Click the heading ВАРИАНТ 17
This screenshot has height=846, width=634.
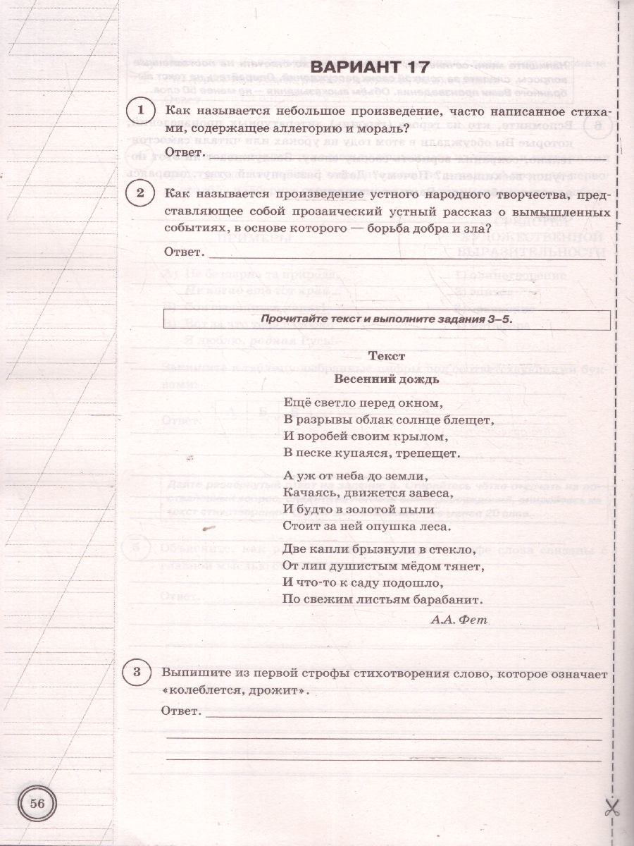pyautogui.click(x=369, y=68)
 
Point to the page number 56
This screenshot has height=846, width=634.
pyautogui.click(x=37, y=804)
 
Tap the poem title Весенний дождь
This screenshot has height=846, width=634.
pyautogui.click(x=387, y=378)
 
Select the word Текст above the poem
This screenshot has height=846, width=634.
pyautogui.click(x=387, y=357)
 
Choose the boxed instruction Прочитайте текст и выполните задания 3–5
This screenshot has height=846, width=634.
pyautogui.click(x=386, y=319)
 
